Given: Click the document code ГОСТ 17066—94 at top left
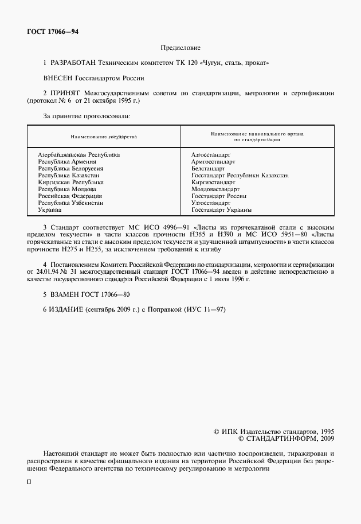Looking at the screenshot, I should coord(53,32).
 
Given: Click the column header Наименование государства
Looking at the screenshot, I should coord(104,137).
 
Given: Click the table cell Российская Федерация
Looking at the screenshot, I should coord(69,196).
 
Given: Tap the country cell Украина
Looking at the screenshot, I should coord(50,210).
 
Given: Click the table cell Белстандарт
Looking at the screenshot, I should coord(208,169).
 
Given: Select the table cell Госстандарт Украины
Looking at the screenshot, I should coord(222,210).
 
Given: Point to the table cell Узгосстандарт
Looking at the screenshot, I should coord(211,203).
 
